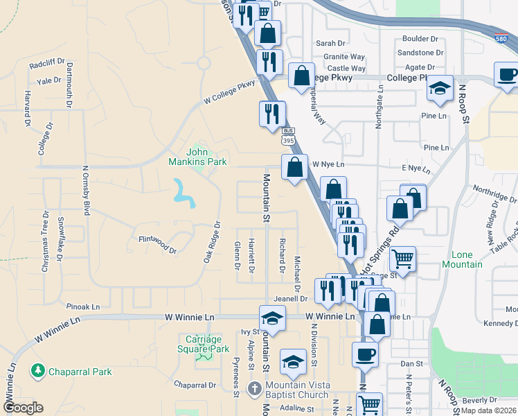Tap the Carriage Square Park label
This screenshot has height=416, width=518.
207,344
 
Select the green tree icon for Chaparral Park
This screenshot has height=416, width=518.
37,372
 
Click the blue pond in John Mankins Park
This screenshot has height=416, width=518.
184,193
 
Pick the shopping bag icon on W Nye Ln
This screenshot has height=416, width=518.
295,168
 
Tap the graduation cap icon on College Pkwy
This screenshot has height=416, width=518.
440,89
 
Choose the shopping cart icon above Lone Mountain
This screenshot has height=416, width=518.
402,260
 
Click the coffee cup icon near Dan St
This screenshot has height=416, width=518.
365,354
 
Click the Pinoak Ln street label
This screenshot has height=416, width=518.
83,306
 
